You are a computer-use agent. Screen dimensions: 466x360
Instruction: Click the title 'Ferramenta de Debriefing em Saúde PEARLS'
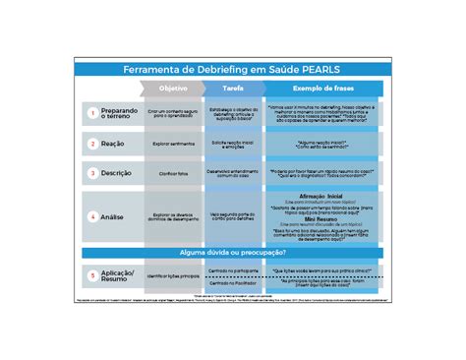(232, 70)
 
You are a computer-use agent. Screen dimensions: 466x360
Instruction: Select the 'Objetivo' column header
(173, 89)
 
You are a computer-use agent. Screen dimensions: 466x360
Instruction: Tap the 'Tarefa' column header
(233, 89)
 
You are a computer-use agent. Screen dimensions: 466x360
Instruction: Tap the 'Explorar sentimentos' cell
(173, 144)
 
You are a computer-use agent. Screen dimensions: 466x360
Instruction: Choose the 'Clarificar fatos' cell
(173, 173)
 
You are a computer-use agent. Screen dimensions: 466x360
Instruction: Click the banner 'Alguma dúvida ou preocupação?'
(233, 253)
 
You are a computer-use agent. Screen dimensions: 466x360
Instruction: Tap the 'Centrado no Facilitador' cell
(233, 283)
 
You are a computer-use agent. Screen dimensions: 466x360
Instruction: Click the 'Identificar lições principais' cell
(173, 276)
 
